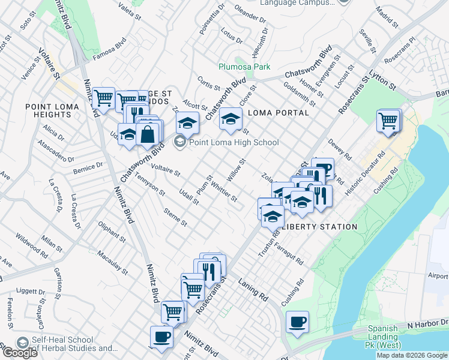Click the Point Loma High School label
[234, 142]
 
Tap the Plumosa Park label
[244, 67]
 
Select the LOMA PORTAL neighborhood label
[278, 112]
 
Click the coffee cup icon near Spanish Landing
[297, 322]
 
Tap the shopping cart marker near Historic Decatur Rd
[388, 121]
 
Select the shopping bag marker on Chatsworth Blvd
[148, 133]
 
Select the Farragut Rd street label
[290, 254]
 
